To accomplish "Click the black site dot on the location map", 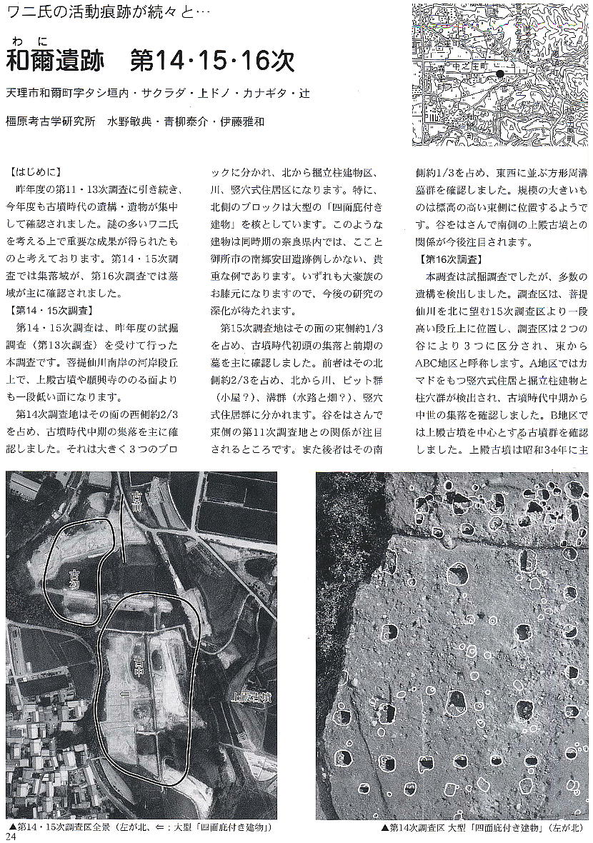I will [x=500, y=74].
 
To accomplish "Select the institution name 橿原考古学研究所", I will [x=50, y=121].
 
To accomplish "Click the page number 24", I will [x=9, y=834].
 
